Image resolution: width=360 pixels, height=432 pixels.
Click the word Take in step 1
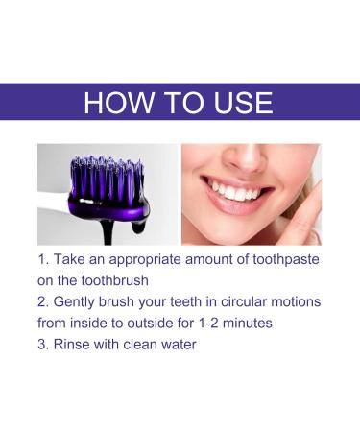(74, 259)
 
